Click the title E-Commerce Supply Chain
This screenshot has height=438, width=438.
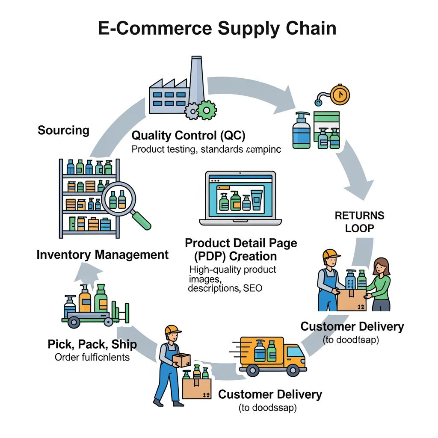(x=217, y=28)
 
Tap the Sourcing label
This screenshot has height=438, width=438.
(x=63, y=130)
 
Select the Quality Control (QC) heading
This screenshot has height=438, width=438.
(x=189, y=136)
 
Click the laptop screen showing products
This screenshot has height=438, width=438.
(x=240, y=195)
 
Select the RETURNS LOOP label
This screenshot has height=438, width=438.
(x=359, y=222)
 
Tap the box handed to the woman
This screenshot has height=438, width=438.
(x=352, y=299)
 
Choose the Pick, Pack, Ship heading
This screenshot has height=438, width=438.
(x=92, y=344)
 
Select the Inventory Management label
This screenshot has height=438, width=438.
(x=103, y=255)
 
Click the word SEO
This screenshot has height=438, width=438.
(x=252, y=288)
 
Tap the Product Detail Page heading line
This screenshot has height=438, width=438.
(x=241, y=243)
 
